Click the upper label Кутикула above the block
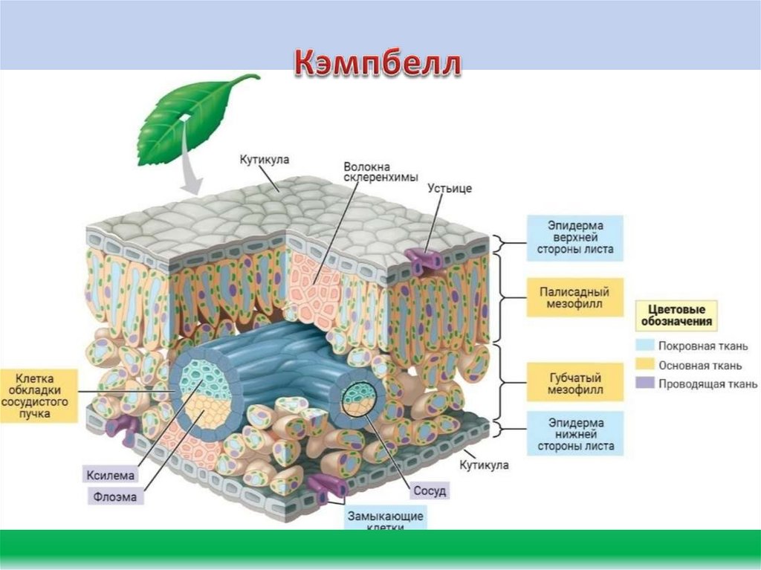pos(264,160)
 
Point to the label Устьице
pos(450,188)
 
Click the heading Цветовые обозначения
pos(676,315)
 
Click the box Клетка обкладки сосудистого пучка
pos(38,395)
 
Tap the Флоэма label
pos(115,497)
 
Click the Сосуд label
pos(430,491)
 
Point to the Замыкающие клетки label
pos(385,519)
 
